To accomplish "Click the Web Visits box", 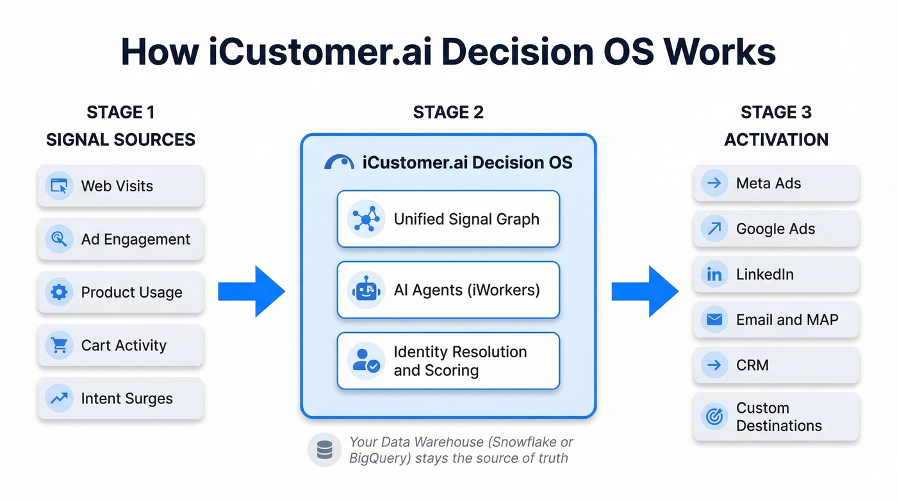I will coord(120,186).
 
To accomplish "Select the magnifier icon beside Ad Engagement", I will coord(59,239).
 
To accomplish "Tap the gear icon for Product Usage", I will coord(59,293).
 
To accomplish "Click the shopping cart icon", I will coord(59,346).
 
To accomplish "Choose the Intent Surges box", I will coord(120,398).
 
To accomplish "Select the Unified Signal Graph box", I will coord(448,219).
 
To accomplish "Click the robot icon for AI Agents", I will coord(366,290).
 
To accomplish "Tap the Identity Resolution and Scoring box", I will coord(448,361).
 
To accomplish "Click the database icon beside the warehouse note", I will coord(325,449).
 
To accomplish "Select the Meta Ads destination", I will coord(776,183).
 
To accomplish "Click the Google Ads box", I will coord(776,229).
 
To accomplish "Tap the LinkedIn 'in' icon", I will coord(714,275).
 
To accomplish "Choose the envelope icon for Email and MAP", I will coord(714,319).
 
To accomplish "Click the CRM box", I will coord(776,365).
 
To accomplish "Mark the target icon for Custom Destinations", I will coord(714,417).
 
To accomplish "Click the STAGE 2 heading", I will coord(448,113).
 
